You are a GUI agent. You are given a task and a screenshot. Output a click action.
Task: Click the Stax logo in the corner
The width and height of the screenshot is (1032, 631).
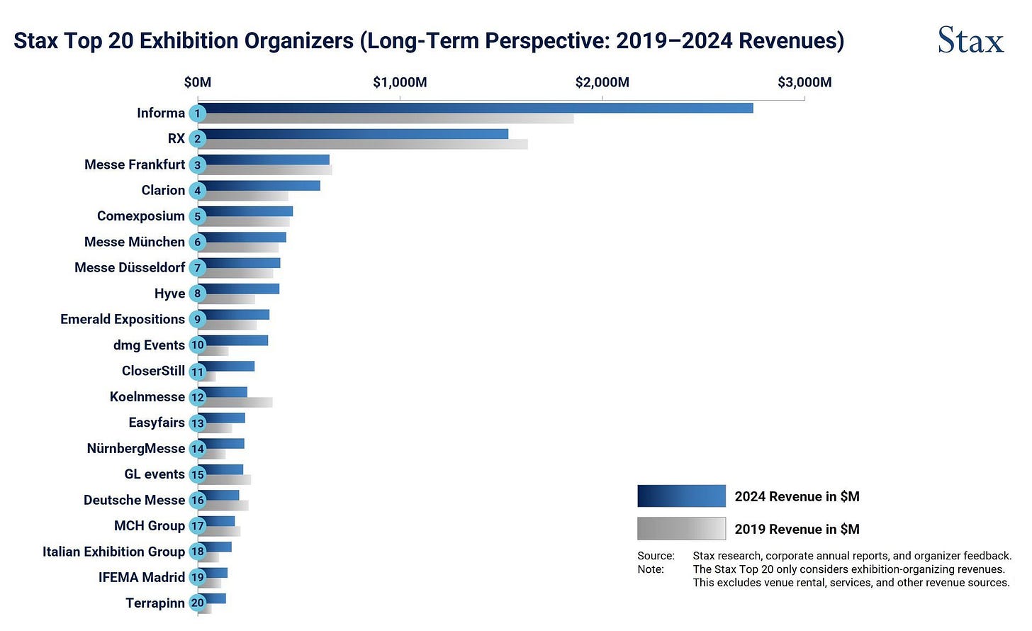[x=970, y=40]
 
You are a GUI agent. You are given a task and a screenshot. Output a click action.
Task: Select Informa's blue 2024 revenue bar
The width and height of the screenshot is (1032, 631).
[x=475, y=108]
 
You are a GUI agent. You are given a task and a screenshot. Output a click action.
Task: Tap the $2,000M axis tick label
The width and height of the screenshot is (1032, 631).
[x=602, y=82]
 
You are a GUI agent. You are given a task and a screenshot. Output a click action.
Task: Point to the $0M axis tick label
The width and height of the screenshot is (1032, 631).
[x=198, y=82]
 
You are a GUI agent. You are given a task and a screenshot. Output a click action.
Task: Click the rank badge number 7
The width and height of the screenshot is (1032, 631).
[x=198, y=268]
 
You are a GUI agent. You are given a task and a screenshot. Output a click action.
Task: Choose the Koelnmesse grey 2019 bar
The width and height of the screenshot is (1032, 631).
[x=238, y=403]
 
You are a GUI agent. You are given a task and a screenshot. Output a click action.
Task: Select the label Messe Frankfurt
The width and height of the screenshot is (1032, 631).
[x=135, y=164]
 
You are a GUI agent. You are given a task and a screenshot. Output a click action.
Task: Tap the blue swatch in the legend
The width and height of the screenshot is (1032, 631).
[x=681, y=496]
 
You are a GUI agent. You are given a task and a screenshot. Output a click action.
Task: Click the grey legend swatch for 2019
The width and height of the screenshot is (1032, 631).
[x=681, y=528]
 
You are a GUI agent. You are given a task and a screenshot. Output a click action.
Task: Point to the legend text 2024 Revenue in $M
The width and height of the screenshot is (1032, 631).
[x=797, y=496]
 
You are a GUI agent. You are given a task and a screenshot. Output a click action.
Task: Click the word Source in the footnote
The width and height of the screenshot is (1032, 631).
[x=655, y=556]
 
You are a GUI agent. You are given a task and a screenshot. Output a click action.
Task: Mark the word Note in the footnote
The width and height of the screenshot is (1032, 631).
[x=650, y=569]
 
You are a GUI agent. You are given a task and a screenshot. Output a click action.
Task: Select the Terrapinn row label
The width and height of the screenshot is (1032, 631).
[x=155, y=603]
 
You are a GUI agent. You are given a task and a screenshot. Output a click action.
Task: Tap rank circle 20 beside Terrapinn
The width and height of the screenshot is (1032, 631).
[x=198, y=603]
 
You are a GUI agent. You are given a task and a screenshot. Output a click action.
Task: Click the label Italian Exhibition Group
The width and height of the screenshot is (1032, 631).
[x=113, y=552]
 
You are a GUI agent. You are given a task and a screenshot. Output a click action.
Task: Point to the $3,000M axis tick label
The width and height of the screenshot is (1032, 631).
[x=804, y=82]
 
